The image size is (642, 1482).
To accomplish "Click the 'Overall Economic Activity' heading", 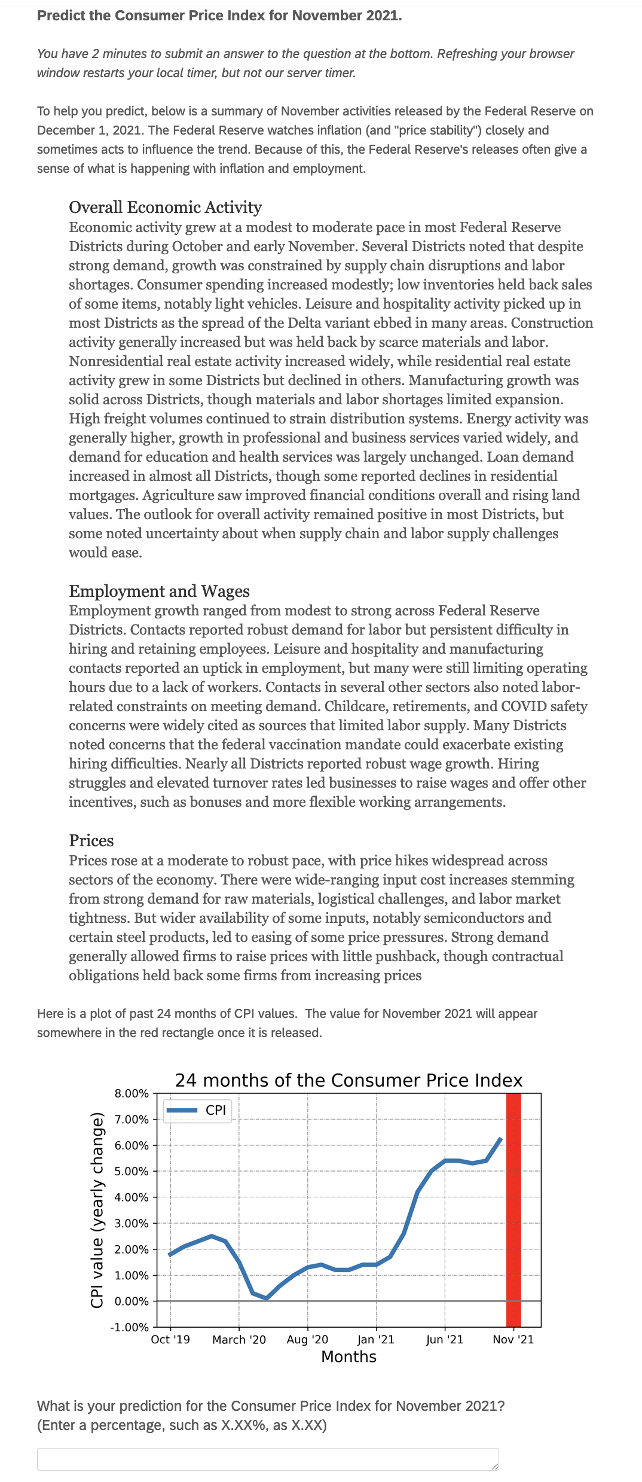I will (x=165, y=207).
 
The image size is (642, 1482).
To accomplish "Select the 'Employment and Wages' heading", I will (x=159, y=591).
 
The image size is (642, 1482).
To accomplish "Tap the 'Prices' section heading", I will (x=91, y=840).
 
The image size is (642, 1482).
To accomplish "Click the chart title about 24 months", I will (x=348, y=1080).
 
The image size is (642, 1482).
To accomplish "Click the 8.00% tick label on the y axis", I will (x=132, y=1093).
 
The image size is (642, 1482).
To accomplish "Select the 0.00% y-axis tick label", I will (x=132, y=1301).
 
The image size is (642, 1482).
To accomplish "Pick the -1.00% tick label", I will (x=130, y=1327).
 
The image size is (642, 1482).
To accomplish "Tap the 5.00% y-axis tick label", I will (x=132, y=1171).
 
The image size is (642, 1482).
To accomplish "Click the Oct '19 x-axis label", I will (x=170, y=1339).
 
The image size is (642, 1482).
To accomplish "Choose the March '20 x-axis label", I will (x=239, y=1339).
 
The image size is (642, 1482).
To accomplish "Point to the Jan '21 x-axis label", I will (x=376, y=1339).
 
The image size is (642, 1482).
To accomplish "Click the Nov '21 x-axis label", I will (x=513, y=1339).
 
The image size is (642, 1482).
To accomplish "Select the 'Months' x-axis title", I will (x=348, y=1356).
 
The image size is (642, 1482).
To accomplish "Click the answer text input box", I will (x=268, y=1459).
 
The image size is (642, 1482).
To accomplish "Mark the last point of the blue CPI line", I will (x=500, y=1139).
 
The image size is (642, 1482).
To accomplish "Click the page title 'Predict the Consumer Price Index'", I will (x=219, y=16).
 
